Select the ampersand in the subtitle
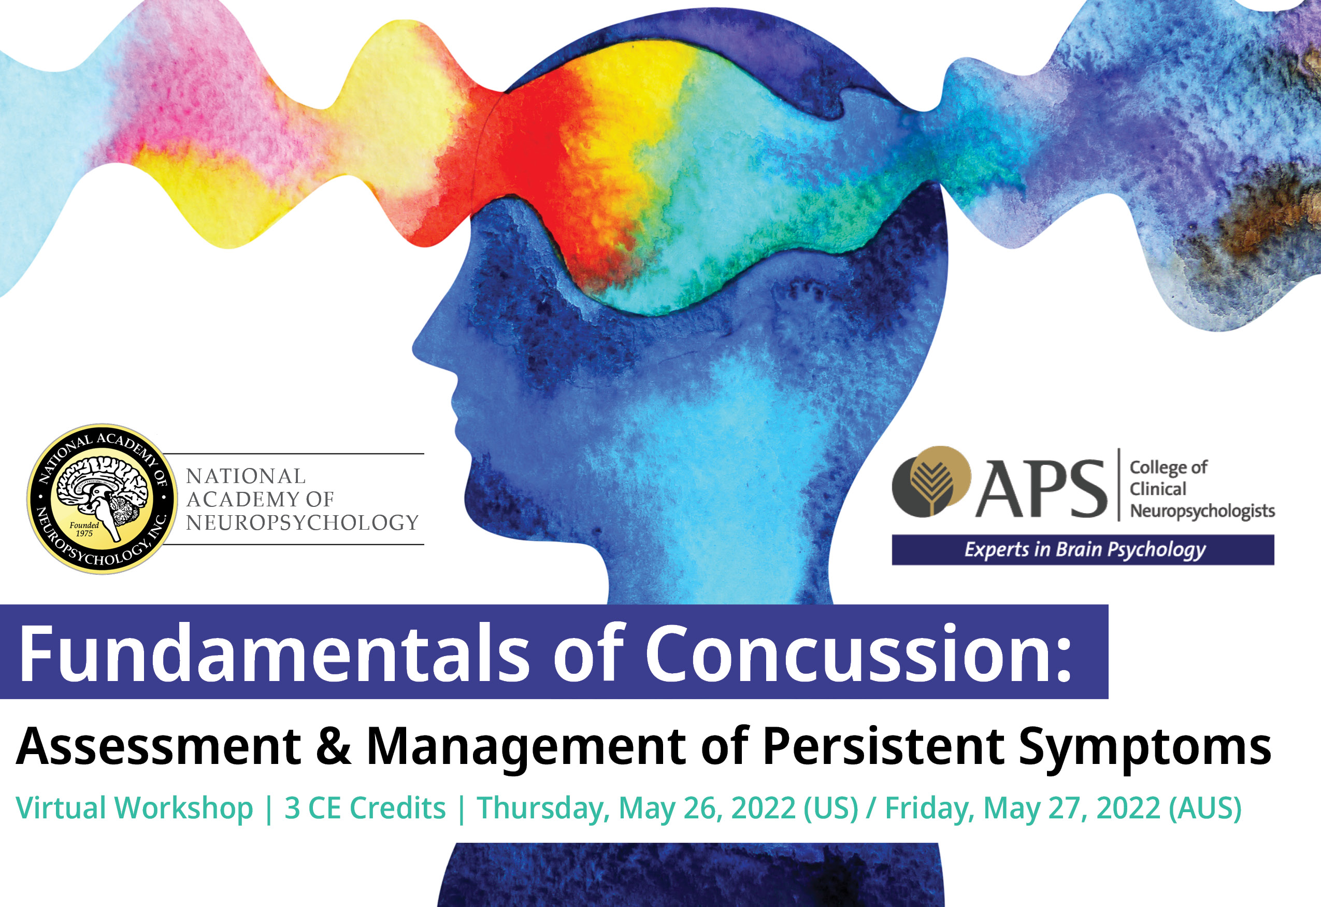click(334, 745)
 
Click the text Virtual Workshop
click(134, 808)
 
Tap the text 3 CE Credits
click(365, 808)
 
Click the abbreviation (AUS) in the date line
click(1205, 808)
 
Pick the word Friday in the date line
click(929, 808)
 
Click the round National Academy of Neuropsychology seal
click(103, 499)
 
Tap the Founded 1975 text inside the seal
click(84, 529)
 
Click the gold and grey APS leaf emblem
click(931, 481)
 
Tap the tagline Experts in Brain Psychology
click(1085, 549)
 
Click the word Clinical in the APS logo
click(1157, 489)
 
